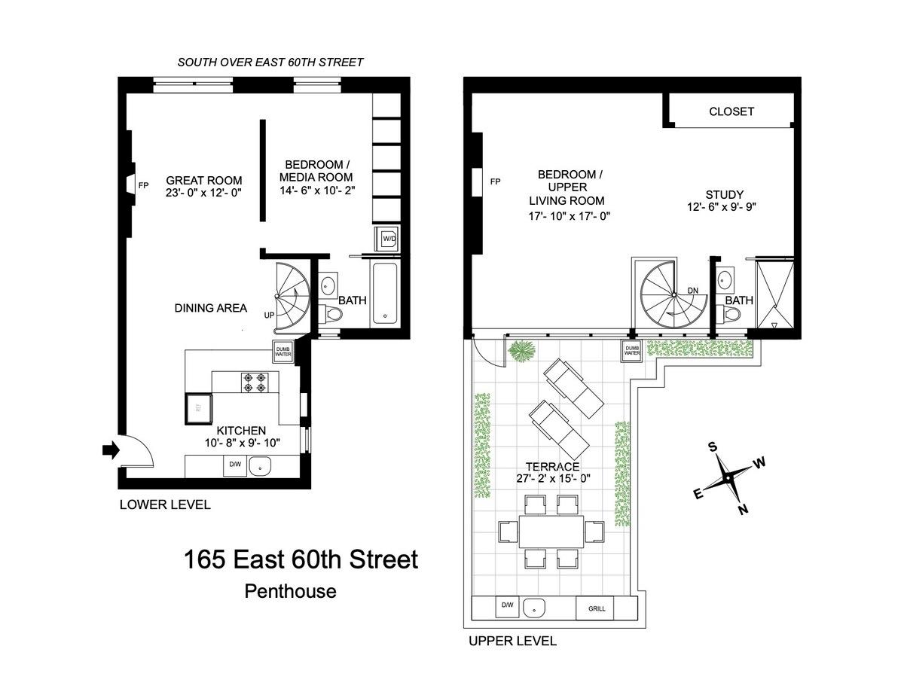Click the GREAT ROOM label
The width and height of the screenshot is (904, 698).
204,181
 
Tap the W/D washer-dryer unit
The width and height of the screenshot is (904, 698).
387,239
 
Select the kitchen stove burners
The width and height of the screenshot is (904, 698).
255,383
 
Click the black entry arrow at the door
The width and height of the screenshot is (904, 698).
111,450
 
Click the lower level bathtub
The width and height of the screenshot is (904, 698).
385,293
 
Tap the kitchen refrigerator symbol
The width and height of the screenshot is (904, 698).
198,408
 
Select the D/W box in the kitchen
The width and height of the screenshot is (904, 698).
235,466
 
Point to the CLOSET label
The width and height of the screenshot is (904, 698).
731,111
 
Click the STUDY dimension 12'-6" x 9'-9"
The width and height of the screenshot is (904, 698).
722,207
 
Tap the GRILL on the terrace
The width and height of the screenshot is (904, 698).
597,608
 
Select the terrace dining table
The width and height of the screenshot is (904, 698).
551,532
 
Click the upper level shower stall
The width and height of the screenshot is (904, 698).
774,293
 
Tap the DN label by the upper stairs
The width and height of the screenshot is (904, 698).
692,291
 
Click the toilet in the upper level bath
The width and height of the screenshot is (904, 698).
731,314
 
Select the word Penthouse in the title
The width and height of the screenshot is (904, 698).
290,592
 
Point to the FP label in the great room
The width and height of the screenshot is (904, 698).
144,185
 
